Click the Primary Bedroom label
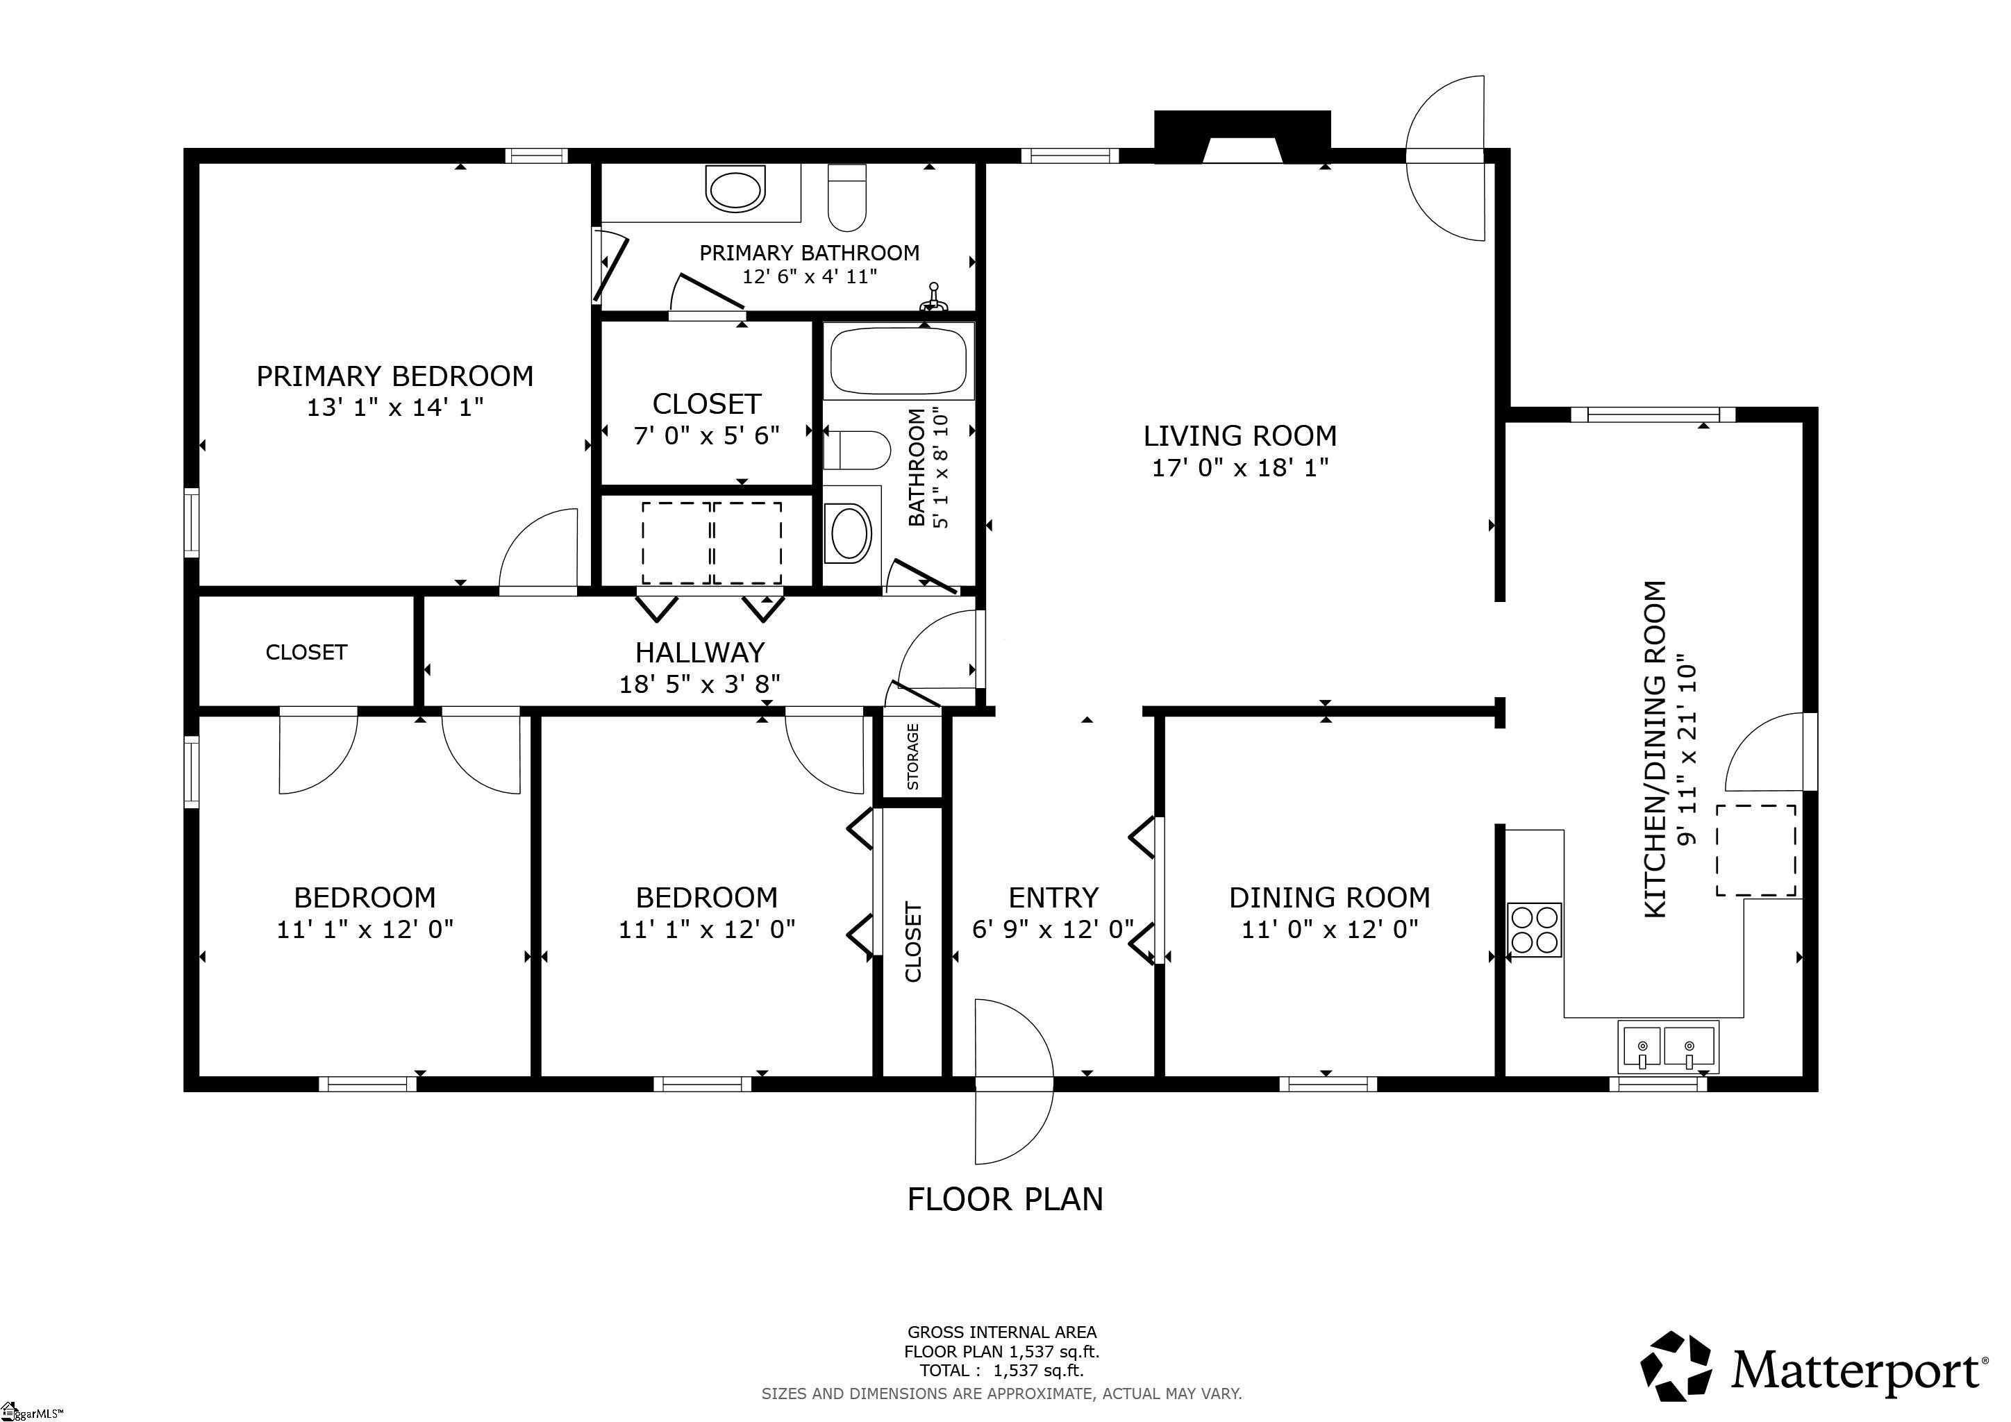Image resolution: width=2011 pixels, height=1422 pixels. coord(395,376)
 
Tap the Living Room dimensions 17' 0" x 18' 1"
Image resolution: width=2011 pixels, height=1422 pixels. coord(1240,467)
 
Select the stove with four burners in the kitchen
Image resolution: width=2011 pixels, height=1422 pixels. coord(1535,929)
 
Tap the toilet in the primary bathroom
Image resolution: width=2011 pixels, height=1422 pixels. coord(847,197)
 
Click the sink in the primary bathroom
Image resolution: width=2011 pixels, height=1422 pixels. coord(736,190)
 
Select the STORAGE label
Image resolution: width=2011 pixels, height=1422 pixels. coord(912,757)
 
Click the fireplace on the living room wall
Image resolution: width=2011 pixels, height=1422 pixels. coord(1243,137)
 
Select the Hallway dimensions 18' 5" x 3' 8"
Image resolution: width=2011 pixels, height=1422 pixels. coord(700,684)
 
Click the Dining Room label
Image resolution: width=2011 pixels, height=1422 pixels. coord(1330,898)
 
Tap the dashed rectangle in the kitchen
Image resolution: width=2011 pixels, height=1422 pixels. coord(1755,851)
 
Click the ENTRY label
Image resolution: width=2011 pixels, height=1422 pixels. coord(1053,898)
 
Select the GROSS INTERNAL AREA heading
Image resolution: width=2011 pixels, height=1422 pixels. coord(1002,1332)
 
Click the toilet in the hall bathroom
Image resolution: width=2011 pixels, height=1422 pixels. coord(857,450)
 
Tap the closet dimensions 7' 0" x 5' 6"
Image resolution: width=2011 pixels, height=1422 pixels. coord(707,435)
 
